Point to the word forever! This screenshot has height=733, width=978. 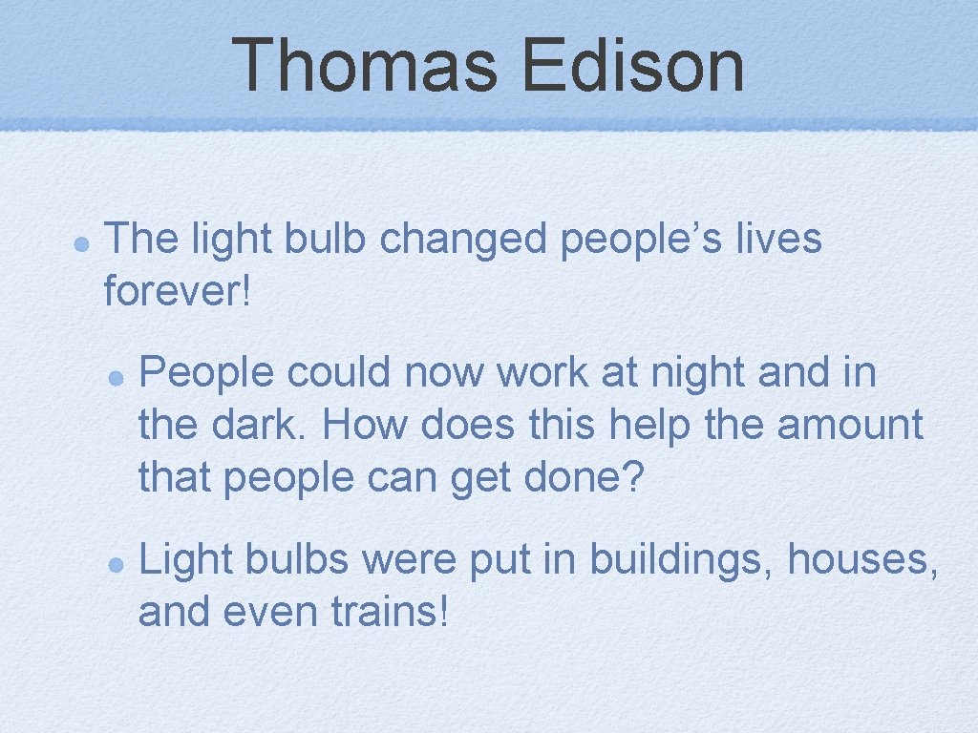coord(178,292)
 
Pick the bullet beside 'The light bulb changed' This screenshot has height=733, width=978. coord(82,242)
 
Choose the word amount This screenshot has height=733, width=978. coord(849,425)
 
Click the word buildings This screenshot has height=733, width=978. coord(683,560)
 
